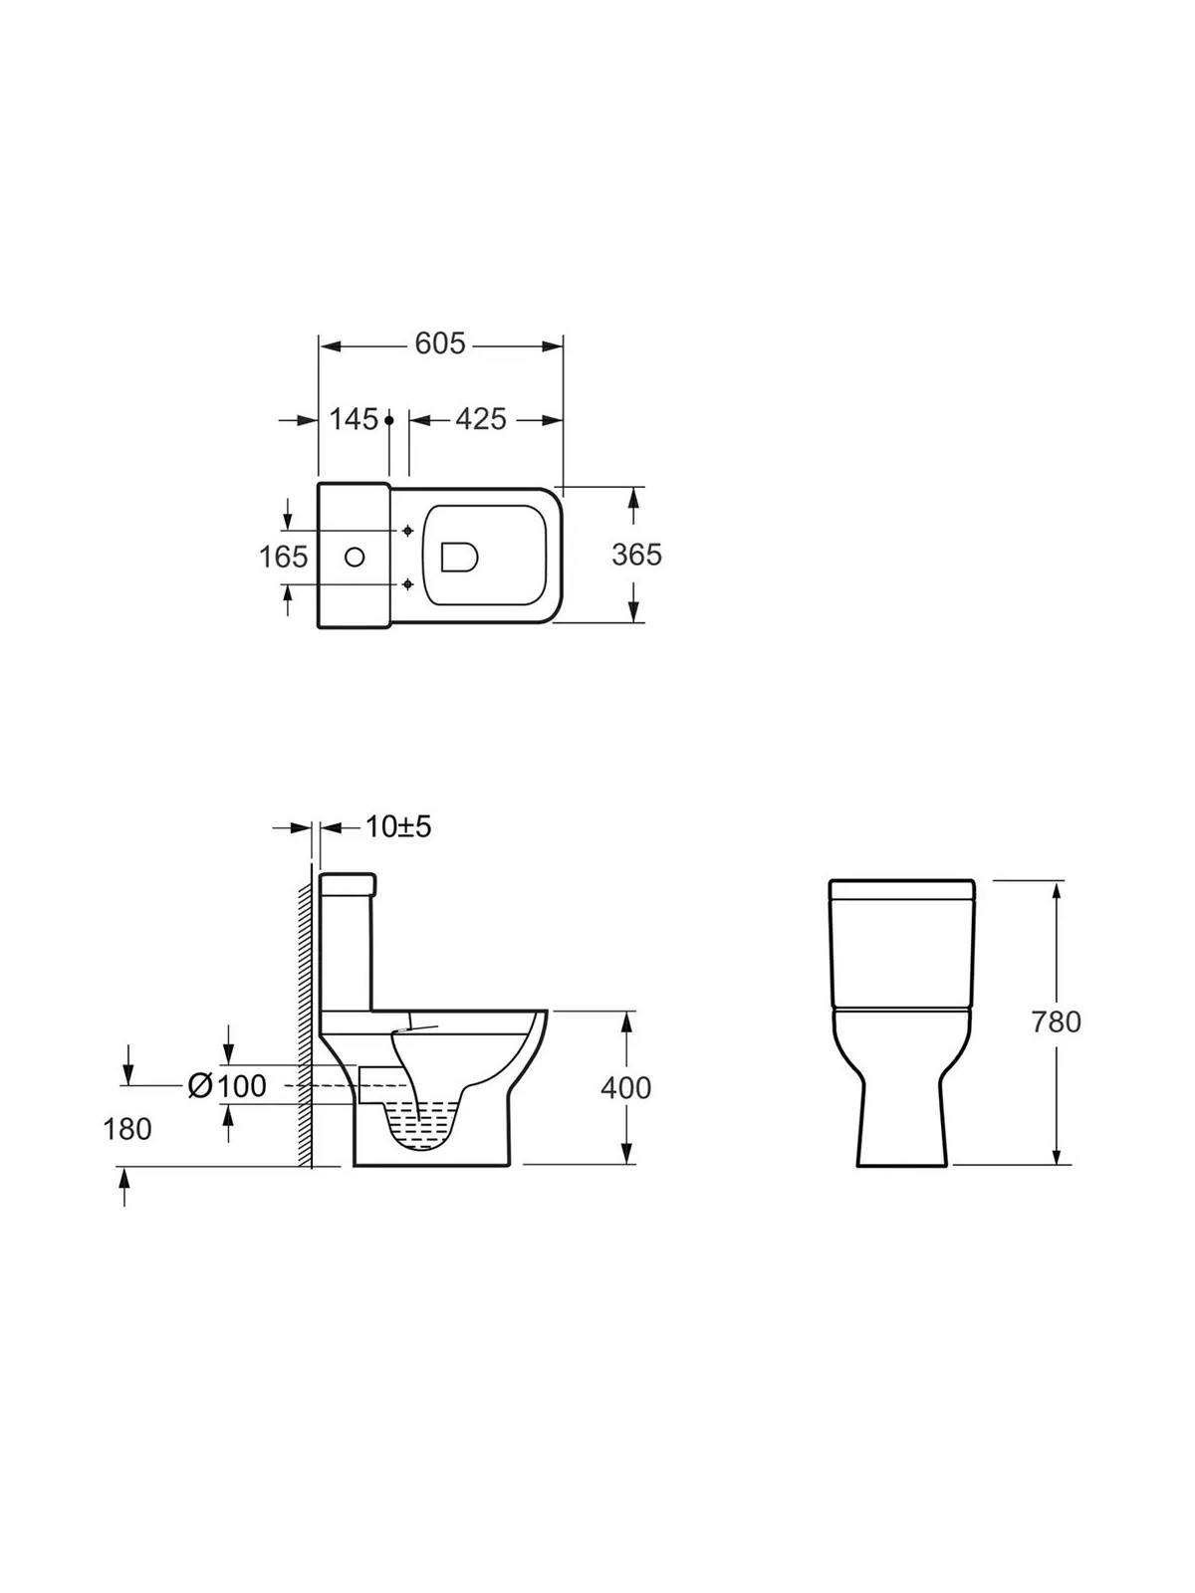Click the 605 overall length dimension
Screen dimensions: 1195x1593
[x=440, y=343]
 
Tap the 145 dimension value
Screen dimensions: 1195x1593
[x=355, y=419]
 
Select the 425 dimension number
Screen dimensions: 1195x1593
[x=480, y=419]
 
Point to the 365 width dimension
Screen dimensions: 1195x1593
[x=636, y=555]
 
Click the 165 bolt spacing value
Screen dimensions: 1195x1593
[x=284, y=557]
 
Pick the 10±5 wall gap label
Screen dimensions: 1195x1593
[x=398, y=826]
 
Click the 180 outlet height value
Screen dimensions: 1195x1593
[x=127, y=1128]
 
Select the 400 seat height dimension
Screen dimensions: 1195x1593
[x=625, y=1087]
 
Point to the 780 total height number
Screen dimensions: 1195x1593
[x=1057, y=1022]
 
